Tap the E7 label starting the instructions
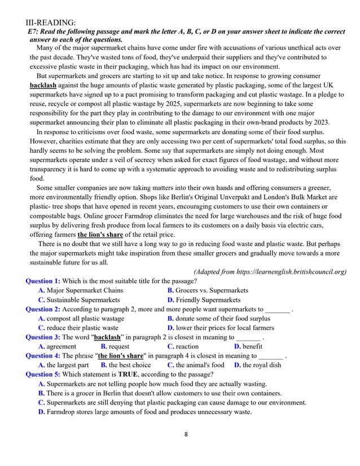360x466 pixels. pos(34,32)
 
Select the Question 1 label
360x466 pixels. pos(43,281)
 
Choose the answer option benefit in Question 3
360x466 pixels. pos(248,346)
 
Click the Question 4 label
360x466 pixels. pos(43,355)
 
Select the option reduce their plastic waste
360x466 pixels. pos(78,327)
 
